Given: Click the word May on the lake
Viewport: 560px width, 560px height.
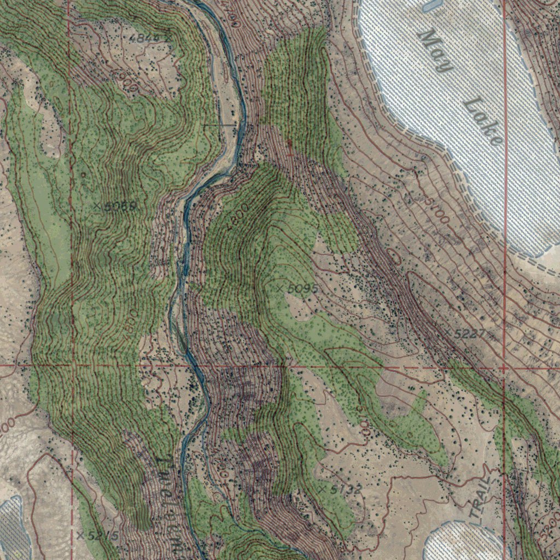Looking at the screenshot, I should point(436,51).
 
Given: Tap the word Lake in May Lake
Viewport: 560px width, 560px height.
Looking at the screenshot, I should point(483,122).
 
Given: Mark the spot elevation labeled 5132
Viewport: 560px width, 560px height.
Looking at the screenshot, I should point(341,490).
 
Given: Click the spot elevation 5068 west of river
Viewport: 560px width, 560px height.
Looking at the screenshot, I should point(116,206).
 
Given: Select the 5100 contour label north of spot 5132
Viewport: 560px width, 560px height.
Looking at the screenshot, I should point(363,421).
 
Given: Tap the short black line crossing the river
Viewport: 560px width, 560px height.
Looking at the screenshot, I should point(220,125).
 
